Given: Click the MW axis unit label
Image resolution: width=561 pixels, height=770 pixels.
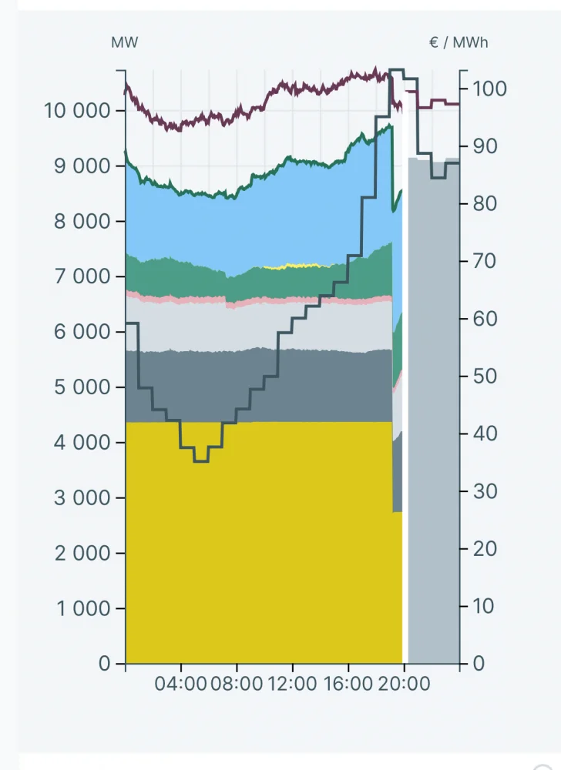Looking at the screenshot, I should (125, 42).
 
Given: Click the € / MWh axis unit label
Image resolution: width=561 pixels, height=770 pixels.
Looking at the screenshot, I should (459, 42).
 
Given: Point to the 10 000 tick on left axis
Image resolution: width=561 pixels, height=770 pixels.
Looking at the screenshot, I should (77, 110).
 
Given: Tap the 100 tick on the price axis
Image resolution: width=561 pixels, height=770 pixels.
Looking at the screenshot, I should (490, 89).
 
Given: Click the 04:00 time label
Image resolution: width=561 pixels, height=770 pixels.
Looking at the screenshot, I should (181, 683).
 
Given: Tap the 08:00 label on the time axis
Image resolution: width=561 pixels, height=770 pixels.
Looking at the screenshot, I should (237, 683).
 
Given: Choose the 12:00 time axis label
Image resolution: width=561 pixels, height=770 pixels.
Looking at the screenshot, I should (292, 683).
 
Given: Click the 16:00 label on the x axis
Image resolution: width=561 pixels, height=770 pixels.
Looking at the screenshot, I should (348, 683).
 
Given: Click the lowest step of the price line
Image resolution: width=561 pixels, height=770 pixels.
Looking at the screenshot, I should (201, 461).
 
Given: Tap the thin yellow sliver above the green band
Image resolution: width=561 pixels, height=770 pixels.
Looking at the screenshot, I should (293, 266).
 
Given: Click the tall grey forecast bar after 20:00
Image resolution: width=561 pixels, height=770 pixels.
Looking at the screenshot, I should (433, 408).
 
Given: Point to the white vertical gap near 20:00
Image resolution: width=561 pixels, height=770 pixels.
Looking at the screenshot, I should (405, 385).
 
